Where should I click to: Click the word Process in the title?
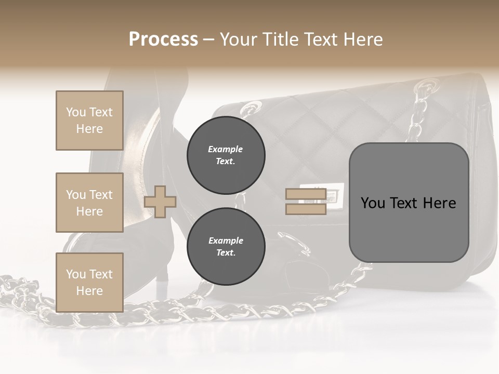click(163, 39)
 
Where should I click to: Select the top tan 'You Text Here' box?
click(89, 121)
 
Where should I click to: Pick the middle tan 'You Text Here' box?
click(89, 203)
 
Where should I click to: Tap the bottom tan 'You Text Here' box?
click(89, 282)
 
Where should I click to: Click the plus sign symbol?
click(160, 202)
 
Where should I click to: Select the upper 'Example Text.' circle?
click(226, 155)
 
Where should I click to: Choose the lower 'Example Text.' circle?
click(226, 247)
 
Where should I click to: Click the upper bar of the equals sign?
click(306, 194)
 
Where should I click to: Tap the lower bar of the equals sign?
click(306, 209)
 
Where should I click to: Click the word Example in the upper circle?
click(226, 149)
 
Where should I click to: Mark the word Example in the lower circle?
click(226, 241)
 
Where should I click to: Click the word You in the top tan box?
click(75, 112)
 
